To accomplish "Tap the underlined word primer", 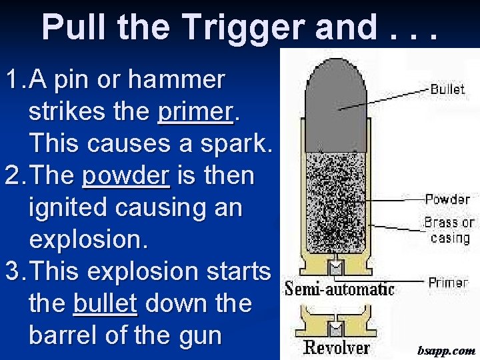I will (x=197, y=111).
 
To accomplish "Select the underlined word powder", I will (x=126, y=176).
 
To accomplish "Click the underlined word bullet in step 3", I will (x=105, y=304).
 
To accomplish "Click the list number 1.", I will (x=13, y=80).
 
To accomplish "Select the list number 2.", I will (x=13, y=176).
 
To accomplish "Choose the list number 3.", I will (x=13, y=272).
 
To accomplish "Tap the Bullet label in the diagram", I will (x=447, y=89).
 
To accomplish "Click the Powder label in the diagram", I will (x=447, y=199).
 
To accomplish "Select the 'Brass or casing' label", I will (x=449, y=230).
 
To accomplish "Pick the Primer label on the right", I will (x=448, y=283).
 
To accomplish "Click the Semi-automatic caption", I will (x=339, y=289).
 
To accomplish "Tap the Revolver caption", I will (x=337, y=347).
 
